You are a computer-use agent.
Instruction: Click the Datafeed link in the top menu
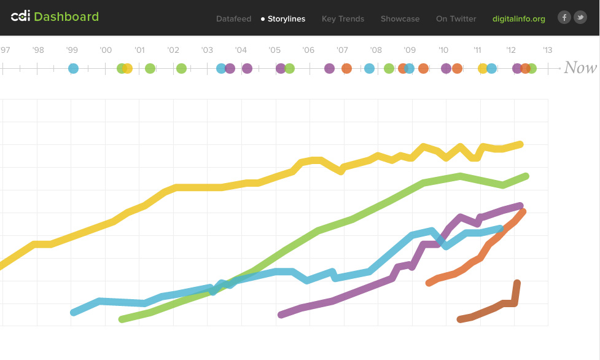(233, 19)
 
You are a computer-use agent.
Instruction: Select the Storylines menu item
(286, 19)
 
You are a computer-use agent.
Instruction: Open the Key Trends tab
(343, 19)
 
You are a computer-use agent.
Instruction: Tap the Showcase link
(400, 19)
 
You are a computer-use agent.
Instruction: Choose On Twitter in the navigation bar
(456, 19)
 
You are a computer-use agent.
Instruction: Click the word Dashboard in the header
(66, 17)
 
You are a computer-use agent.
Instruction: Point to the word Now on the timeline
(580, 68)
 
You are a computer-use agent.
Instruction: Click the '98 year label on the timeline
(38, 50)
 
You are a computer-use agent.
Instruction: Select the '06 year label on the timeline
(308, 50)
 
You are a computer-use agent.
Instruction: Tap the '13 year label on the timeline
(547, 50)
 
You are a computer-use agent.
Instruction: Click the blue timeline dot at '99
(74, 68)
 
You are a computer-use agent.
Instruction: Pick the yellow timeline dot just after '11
(483, 68)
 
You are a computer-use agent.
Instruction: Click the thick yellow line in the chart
(197, 187)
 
